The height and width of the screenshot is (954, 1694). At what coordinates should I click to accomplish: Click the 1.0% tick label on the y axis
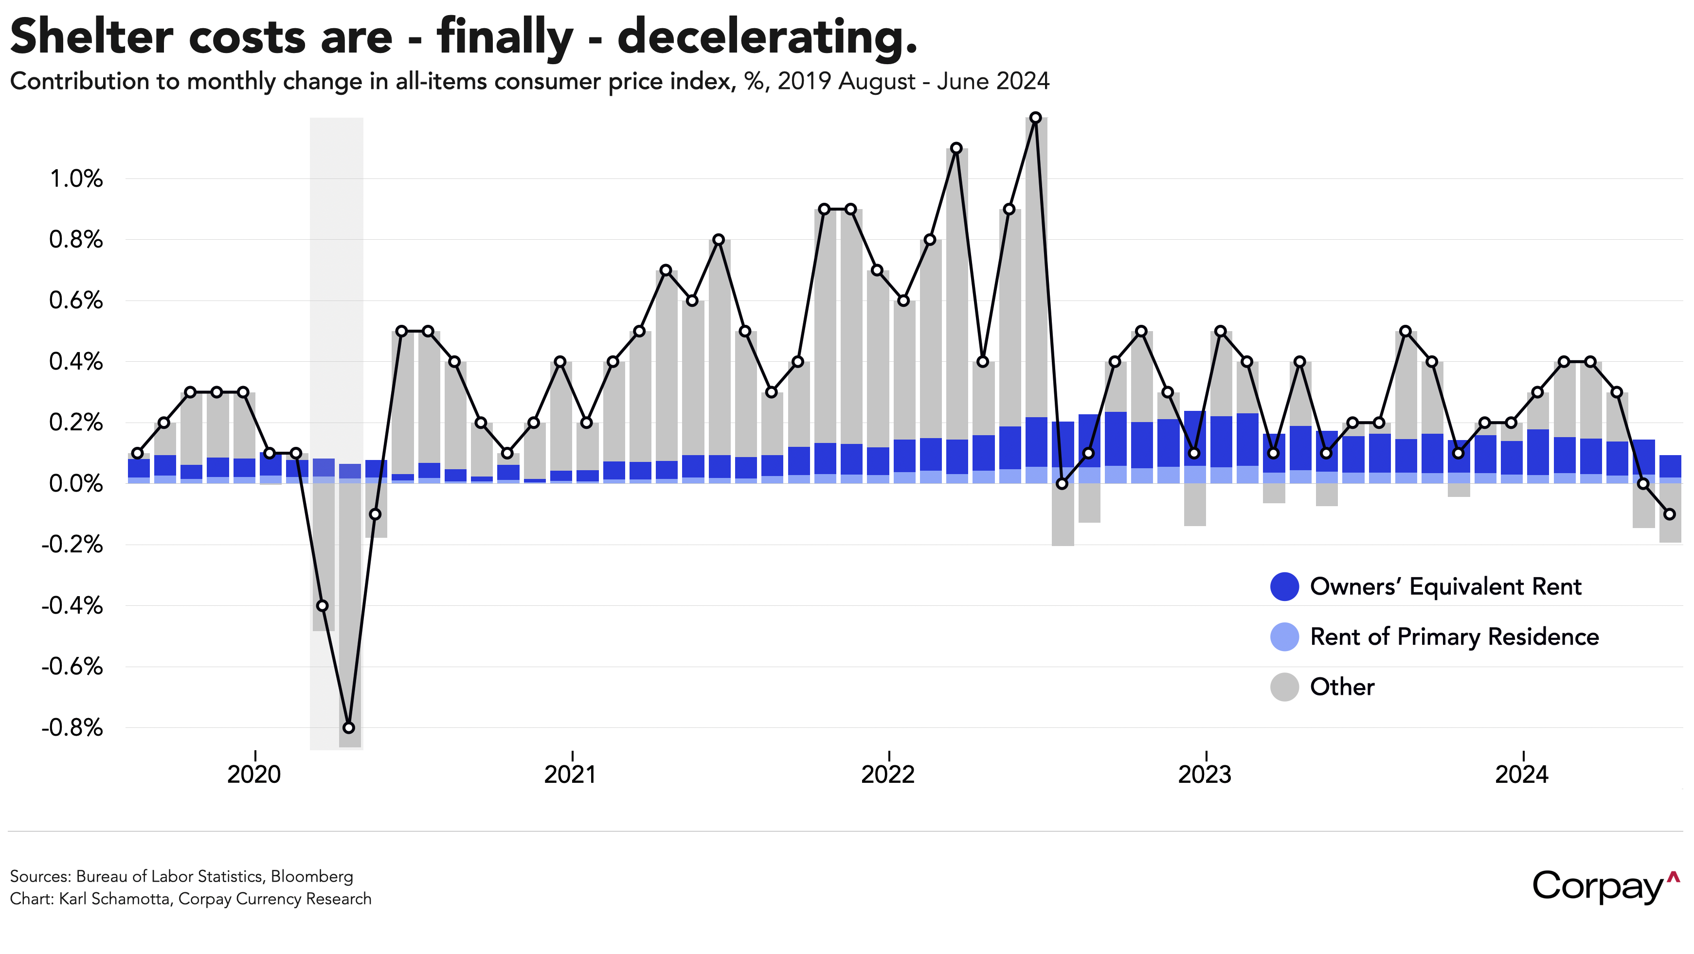[76, 179]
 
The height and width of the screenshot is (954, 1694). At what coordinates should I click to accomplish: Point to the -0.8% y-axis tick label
[72, 728]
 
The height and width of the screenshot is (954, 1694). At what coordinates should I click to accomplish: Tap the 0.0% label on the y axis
[76, 484]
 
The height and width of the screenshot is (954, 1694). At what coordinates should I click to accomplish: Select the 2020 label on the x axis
[254, 775]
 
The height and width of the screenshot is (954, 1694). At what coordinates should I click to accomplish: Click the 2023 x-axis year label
[1205, 775]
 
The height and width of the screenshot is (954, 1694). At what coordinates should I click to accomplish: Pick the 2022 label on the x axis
[888, 775]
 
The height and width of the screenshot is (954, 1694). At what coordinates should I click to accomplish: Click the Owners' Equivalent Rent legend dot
[1284, 586]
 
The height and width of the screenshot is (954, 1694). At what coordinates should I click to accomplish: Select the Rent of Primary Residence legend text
[1454, 636]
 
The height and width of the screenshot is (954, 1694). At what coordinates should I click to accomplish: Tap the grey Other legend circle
[1284, 687]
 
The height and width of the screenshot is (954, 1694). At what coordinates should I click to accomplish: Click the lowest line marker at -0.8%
[348, 728]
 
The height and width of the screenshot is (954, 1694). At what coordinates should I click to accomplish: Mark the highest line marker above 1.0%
[1035, 118]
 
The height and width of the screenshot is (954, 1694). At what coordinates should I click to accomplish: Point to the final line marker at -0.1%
[1669, 514]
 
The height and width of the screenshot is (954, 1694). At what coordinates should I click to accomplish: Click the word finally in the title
[505, 37]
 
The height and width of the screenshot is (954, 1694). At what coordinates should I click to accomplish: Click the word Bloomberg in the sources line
[312, 876]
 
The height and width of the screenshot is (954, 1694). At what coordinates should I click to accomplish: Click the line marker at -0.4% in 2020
[322, 605]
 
